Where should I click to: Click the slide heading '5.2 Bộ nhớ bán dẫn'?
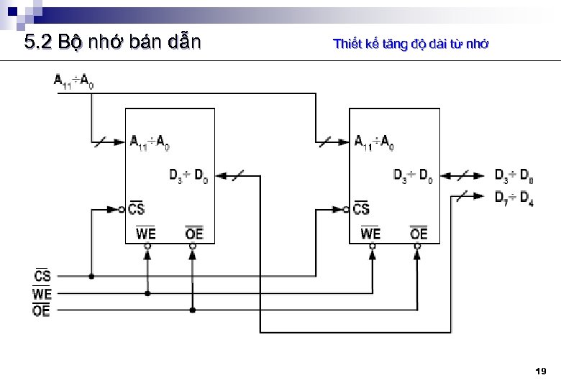pos(112,42)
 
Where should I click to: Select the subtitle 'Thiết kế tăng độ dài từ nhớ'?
pos(411,44)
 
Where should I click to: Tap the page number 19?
pos(541,371)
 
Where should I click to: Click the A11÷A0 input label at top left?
pos(73,81)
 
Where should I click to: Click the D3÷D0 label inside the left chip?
pos(189,175)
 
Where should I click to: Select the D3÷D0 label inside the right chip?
pos(413,175)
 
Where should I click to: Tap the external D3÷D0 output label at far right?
pos(514,175)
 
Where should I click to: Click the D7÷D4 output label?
pos(514,198)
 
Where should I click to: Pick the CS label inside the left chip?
pos(137,208)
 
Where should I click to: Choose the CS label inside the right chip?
pos(361,208)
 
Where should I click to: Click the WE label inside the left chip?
pos(146,233)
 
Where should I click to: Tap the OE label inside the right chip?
pos(419,233)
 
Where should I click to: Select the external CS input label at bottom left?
pos(42,275)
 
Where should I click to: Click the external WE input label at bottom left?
pos(42,293)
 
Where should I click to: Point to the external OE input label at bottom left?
pos(42,310)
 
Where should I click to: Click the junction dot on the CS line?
pos(91,276)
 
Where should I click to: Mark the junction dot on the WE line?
pos(147,293)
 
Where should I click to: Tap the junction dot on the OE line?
pos(193,310)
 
